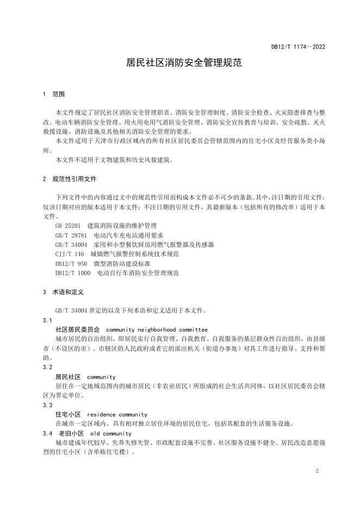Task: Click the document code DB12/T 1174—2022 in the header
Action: [x=298, y=47]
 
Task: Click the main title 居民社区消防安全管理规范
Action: [x=180, y=63]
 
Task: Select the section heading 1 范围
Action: [x=54, y=94]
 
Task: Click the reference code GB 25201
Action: [x=68, y=225]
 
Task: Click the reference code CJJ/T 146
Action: [x=70, y=254]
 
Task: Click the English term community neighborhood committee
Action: [x=157, y=330]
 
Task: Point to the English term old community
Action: [x=111, y=433]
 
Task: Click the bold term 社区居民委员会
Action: [x=78, y=330]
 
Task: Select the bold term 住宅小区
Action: [x=68, y=414]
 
